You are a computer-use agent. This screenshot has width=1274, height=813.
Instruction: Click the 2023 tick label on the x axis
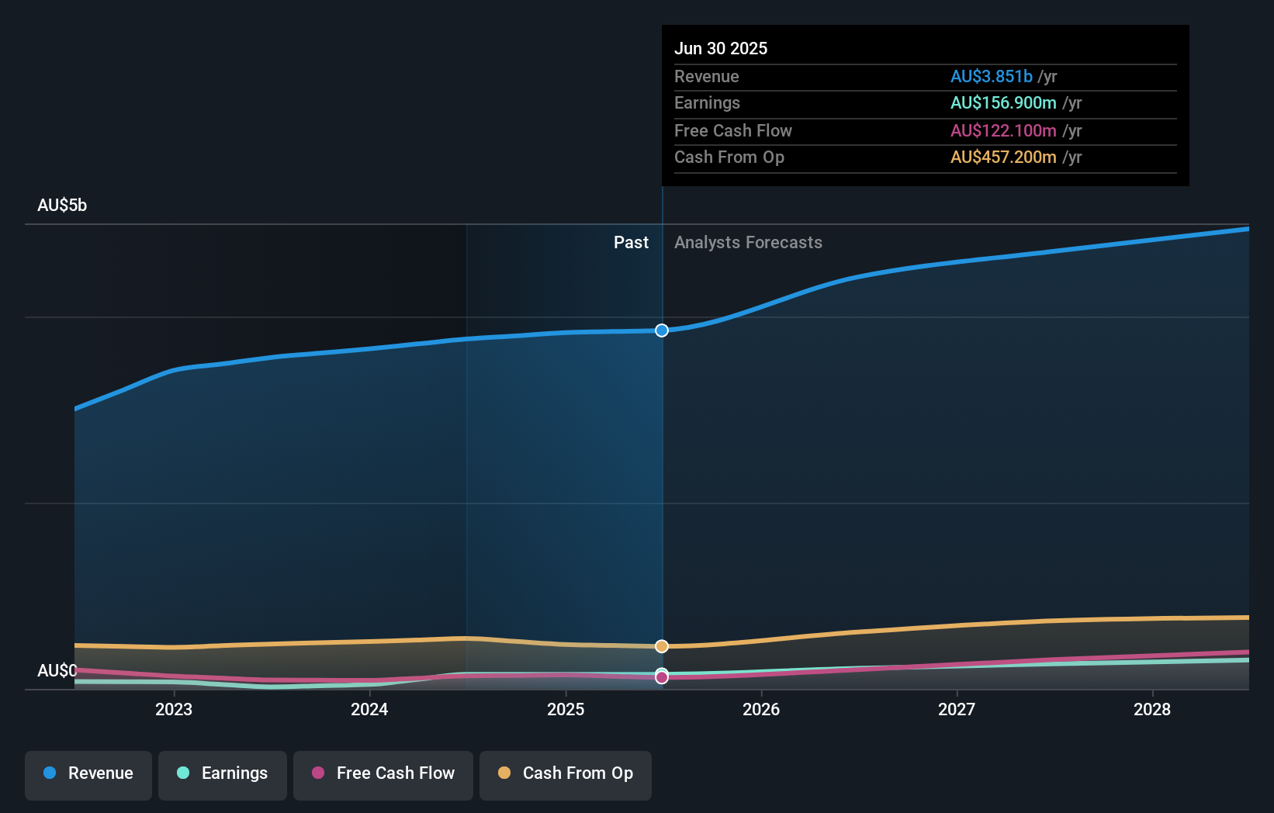pos(174,709)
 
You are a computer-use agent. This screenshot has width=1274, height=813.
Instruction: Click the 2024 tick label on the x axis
pos(369,709)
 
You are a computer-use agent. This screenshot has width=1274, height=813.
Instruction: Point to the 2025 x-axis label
pos(566,709)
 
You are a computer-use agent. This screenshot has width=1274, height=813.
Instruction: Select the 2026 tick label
pos(761,709)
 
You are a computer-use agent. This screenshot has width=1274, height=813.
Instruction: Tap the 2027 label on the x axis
pos(957,709)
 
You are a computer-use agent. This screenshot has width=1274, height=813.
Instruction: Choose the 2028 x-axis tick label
pos(1152,709)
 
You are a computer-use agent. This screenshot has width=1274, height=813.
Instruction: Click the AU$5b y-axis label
pos(62,206)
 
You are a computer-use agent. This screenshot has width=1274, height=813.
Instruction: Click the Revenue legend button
pos(88,773)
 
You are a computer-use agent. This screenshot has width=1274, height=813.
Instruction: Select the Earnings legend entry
pos(223,773)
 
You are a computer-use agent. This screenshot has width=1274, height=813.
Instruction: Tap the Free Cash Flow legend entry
pos(383,773)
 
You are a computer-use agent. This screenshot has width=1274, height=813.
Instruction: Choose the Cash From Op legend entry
pos(566,773)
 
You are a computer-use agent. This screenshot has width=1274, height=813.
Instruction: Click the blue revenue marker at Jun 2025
pos(662,330)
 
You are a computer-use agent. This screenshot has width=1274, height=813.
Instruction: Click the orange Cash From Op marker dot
pos(662,646)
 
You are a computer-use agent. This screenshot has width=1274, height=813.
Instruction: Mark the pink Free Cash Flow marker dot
pos(662,678)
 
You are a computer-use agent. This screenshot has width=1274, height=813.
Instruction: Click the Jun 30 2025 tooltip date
pos(721,48)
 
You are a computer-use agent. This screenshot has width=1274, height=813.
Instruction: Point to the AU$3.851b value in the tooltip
pos(991,76)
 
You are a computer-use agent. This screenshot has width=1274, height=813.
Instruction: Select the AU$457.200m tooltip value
pos(1003,157)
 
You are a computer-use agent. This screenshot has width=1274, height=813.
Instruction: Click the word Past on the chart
pos(631,243)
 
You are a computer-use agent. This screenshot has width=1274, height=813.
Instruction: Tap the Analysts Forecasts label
pos(748,243)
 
